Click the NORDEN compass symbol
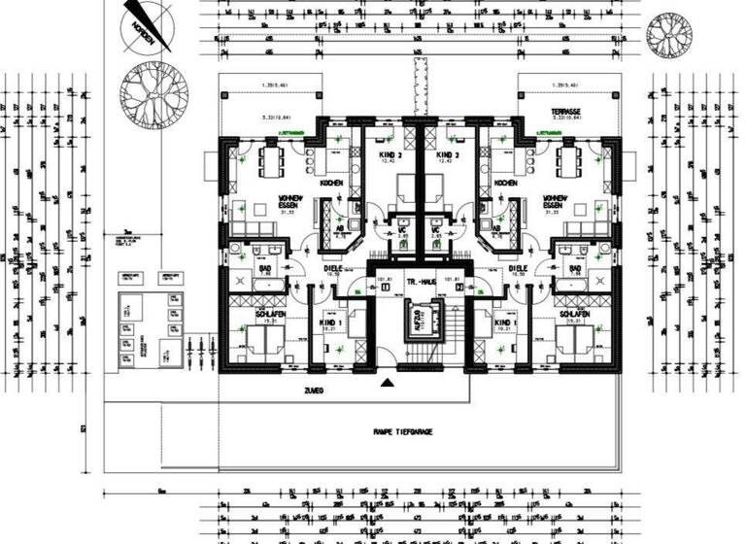[146, 23]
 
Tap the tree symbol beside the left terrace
[153, 93]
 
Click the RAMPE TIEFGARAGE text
[403, 431]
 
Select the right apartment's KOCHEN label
[504, 184]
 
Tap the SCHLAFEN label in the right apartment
[573, 316]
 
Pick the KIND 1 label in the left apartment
[330, 323]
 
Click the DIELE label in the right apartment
[517, 268]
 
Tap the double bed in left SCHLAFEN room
[259, 340]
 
